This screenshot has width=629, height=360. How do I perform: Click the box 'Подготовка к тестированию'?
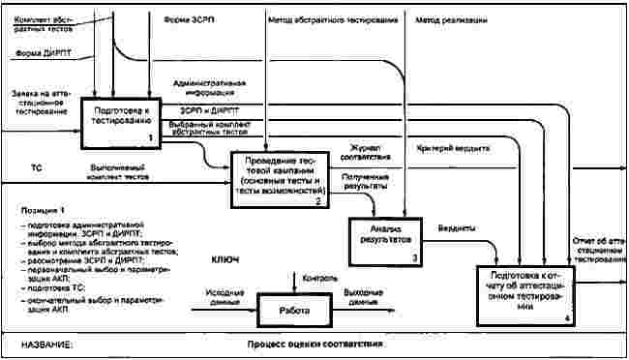[121, 123]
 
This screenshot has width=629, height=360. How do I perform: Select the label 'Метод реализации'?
[452, 18]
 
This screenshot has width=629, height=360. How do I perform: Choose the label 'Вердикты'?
[454, 228]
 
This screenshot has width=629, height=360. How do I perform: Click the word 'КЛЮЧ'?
[225, 260]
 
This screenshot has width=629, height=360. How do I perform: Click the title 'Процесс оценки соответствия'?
[315, 345]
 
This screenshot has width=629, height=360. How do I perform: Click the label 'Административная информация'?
[211, 89]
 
